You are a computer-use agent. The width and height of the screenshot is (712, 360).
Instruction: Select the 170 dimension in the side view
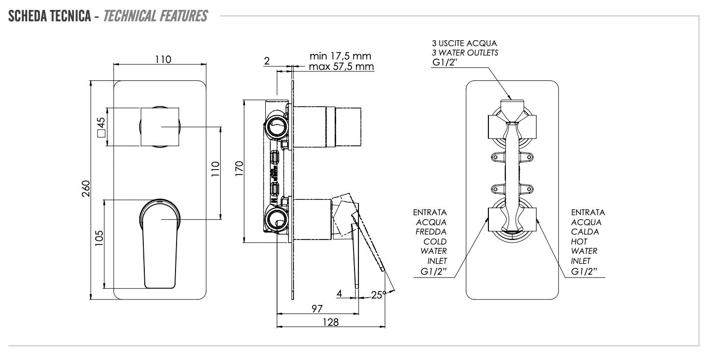coord(238,171)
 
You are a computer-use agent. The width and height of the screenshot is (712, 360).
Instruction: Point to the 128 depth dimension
coord(330,322)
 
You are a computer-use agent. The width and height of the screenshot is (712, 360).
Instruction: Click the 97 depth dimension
coord(317,308)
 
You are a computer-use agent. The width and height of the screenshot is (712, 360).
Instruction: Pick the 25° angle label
coord(378,295)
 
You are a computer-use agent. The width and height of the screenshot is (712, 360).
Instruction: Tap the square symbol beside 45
coord(101,133)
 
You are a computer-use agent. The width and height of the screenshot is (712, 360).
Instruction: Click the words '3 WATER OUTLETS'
coord(465,53)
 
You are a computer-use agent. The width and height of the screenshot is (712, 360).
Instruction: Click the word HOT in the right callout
coord(580,241)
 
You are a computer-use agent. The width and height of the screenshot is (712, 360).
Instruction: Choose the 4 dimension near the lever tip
coord(339,294)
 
